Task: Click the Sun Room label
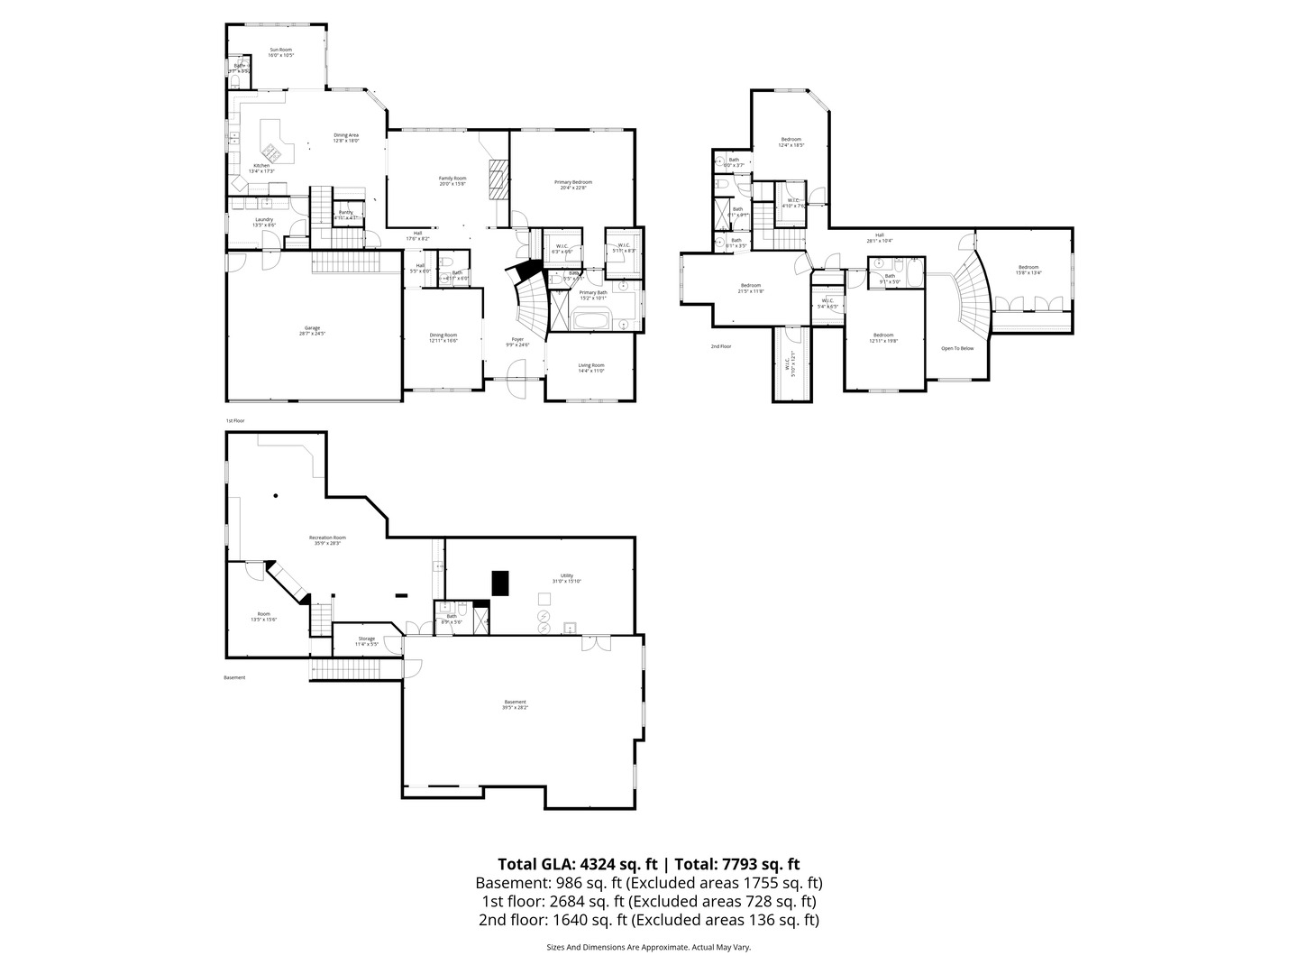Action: pos(281,52)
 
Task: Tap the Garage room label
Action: pos(312,330)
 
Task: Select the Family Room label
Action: pos(452,180)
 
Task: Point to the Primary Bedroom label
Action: pos(573,185)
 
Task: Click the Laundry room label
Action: pos(264,222)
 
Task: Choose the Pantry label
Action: pos(346,214)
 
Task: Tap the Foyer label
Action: pos(517,342)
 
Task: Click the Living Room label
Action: pos(591,367)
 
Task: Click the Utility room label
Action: pos(567,577)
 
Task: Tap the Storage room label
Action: pos(365,640)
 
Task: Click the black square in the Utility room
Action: pos(500,583)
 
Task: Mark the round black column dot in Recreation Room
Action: pos(276,495)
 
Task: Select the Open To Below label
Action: pos(957,348)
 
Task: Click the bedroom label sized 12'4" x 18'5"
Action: pos(791,142)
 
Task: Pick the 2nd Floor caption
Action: pos(720,346)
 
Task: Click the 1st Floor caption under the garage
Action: pos(235,421)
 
